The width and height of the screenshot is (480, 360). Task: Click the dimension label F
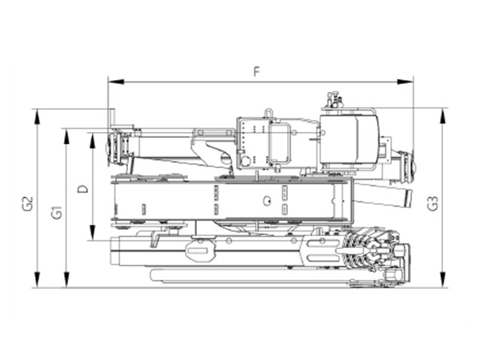point(256,71)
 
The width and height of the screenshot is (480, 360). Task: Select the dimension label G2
point(26,202)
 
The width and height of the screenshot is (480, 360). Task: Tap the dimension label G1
point(56,212)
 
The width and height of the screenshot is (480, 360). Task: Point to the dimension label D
point(82,190)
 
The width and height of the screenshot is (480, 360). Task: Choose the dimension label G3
point(432,202)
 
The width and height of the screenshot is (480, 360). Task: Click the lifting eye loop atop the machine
point(269,113)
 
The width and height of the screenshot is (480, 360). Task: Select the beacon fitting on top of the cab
point(332,102)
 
